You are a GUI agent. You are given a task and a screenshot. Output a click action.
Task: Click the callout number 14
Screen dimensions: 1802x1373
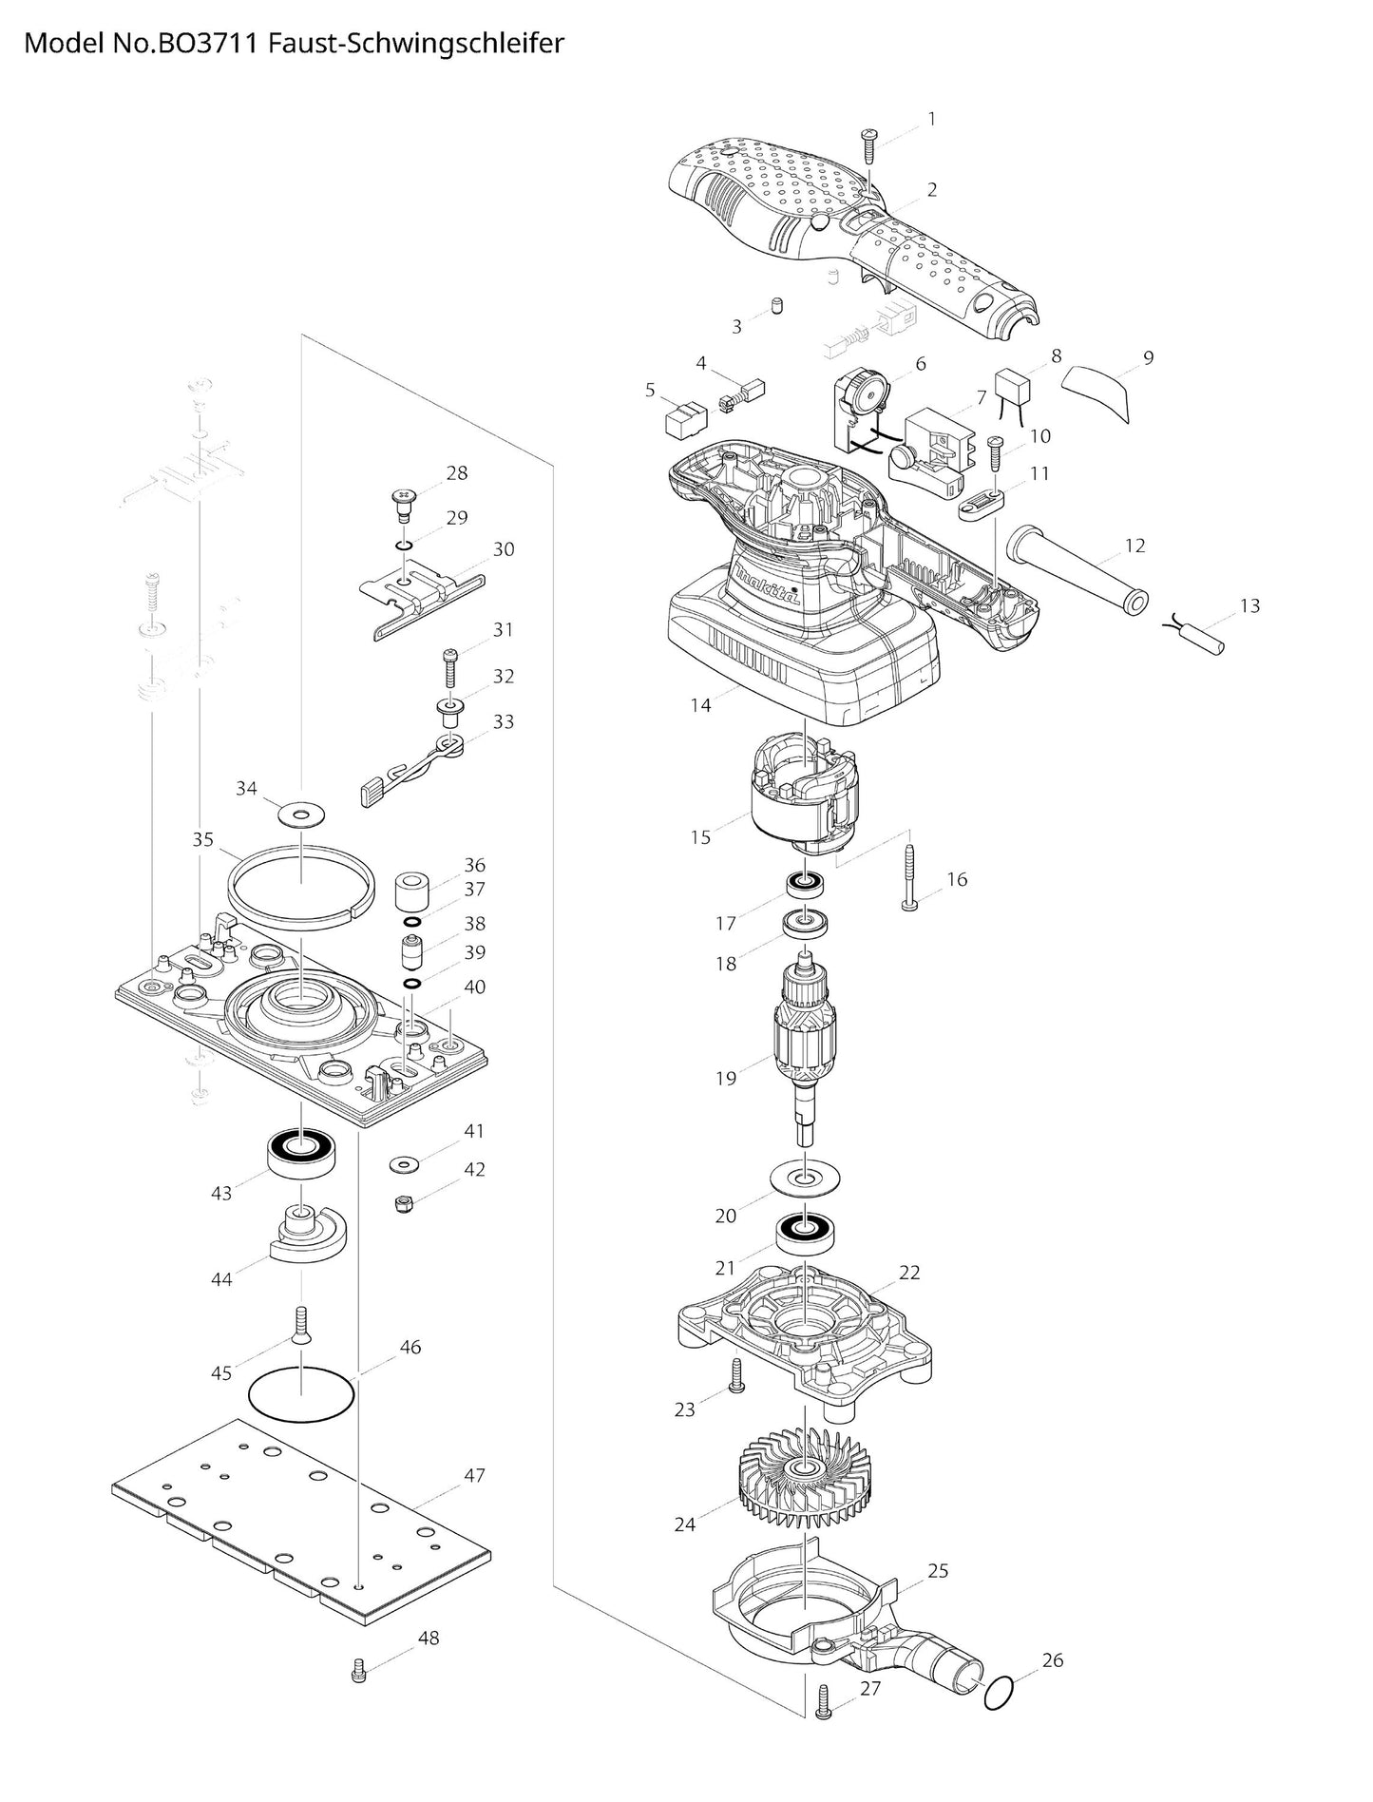pyautogui.click(x=700, y=705)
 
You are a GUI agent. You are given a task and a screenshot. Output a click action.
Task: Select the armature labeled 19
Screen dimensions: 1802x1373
pyautogui.click(x=804, y=1045)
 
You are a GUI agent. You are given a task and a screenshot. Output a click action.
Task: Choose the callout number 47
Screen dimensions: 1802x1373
pyautogui.click(x=474, y=1475)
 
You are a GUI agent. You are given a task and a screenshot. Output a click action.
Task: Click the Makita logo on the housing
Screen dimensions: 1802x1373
pyautogui.click(x=768, y=584)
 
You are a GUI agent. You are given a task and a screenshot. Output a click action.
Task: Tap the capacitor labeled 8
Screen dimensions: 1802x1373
pyautogui.click(x=1015, y=390)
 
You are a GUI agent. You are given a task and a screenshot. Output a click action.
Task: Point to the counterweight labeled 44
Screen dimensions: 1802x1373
pyautogui.click(x=307, y=1236)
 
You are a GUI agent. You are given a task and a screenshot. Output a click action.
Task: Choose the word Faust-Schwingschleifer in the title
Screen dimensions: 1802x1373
pyautogui.click(x=416, y=44)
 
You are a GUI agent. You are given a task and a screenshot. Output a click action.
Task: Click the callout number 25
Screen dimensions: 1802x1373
pyautogui.click(x=938, y=1571)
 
